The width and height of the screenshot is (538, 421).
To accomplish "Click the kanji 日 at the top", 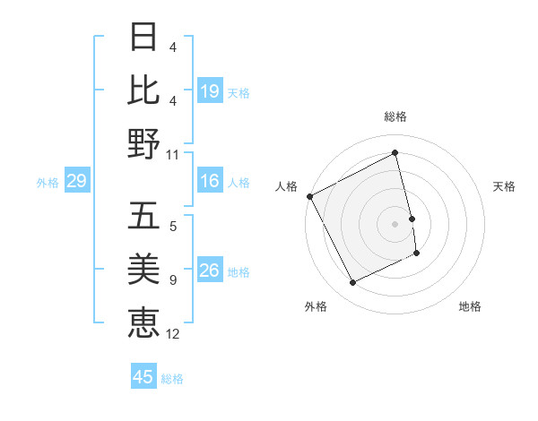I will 144,38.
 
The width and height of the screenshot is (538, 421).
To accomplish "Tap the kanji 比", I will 144,90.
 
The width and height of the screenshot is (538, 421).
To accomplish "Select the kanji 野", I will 144,143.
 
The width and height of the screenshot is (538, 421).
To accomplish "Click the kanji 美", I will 144,270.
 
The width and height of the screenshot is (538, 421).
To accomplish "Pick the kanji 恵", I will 144,322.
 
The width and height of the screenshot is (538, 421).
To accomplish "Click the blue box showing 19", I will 210,90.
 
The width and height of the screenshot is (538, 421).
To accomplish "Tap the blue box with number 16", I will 210,182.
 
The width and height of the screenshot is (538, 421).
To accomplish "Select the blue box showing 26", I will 210,271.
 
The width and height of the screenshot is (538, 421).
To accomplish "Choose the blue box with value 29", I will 77,182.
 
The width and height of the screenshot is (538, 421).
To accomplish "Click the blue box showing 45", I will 143,377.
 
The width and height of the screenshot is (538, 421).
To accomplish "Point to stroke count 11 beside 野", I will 173,154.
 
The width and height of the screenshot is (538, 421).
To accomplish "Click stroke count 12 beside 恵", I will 173,334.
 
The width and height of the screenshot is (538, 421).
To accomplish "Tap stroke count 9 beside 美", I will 173,280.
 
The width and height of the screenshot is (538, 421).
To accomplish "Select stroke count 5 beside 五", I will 173,228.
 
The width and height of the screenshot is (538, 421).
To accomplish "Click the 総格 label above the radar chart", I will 395,116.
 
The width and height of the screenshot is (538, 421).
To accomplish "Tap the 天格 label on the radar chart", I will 505,186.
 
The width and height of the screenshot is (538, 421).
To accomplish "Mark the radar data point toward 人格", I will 309,196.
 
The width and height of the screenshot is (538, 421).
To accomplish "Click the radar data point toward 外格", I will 352,283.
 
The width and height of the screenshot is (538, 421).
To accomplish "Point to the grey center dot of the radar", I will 395,224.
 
